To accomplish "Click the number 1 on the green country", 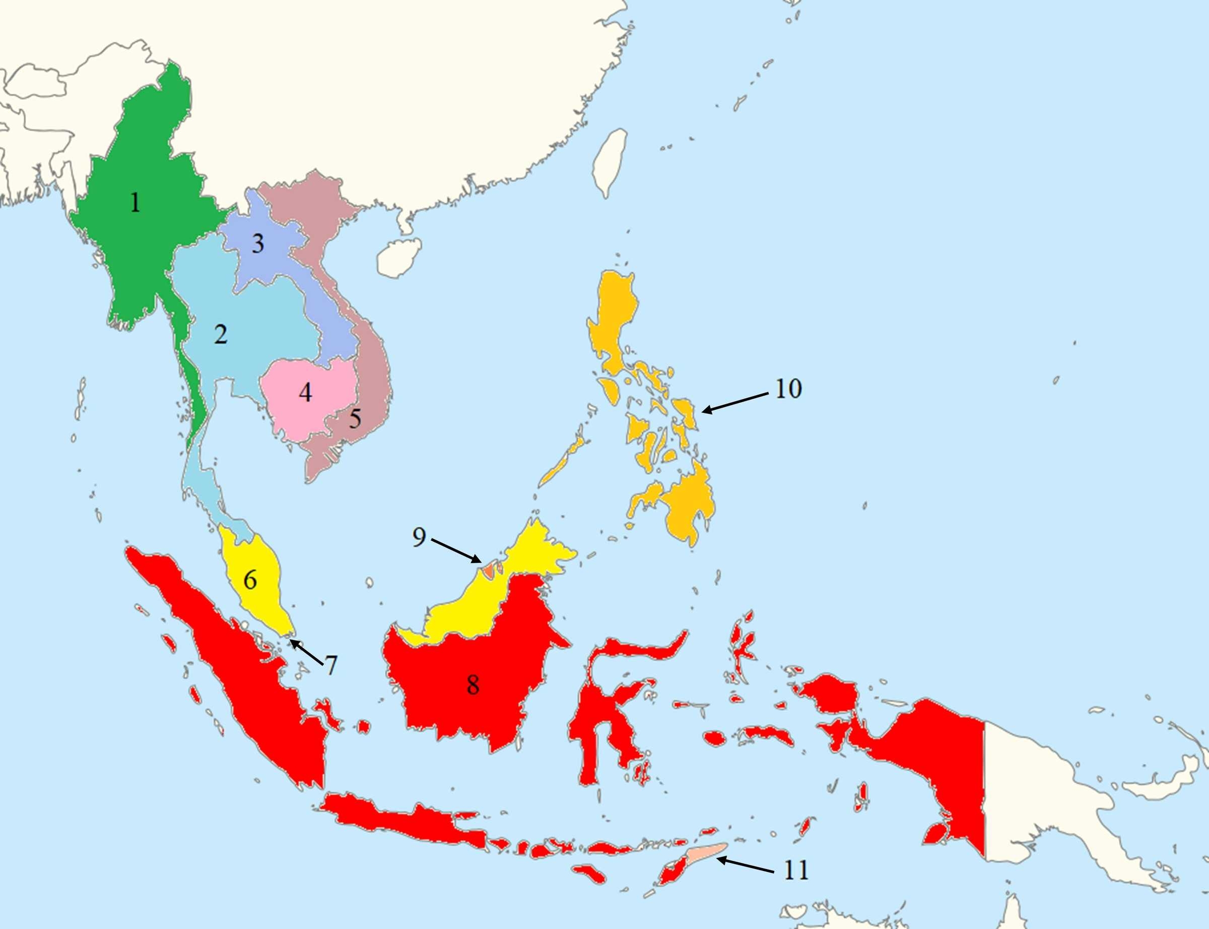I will [136, 203].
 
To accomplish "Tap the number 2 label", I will [221, 335].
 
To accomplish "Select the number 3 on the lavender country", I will [257, 244].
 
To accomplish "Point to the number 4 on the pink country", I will [305, 393].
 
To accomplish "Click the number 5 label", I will [355, 418].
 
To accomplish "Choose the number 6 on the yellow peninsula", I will [250, 580].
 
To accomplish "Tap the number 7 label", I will [331, 665].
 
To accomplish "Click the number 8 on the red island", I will [473, 685].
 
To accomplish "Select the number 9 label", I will [419, 537].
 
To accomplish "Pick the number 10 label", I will [788, 389].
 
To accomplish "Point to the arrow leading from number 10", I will [735, 403].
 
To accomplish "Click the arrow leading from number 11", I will [746, 865].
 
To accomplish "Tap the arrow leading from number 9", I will [456, 551].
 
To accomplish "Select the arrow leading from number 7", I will [307, 651].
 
